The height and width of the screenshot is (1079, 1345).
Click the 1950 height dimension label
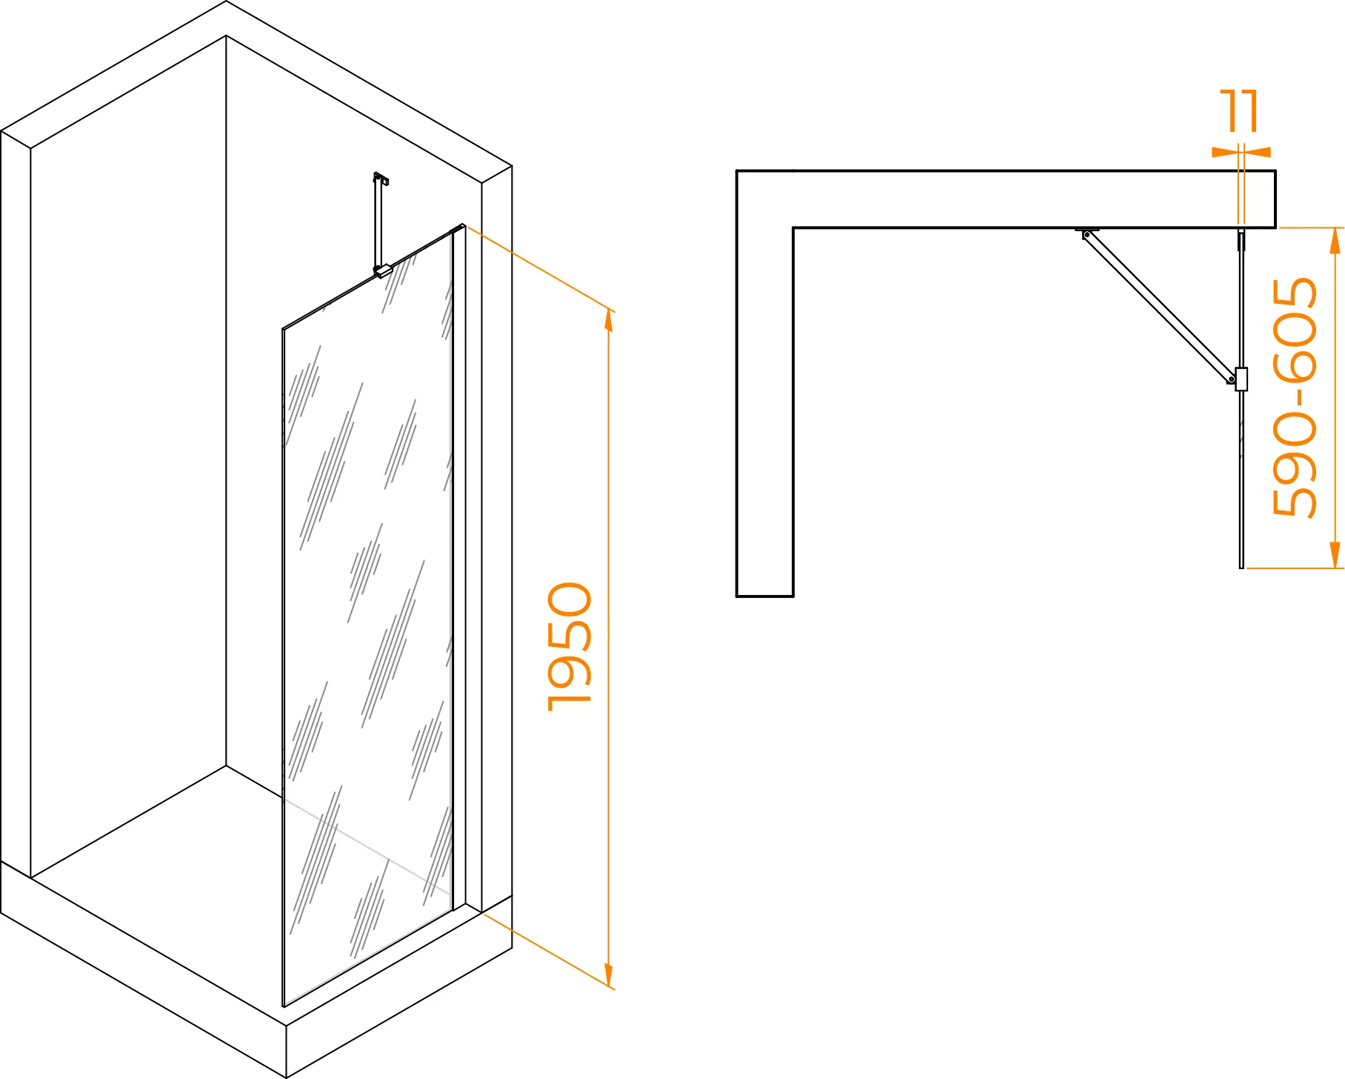click(570, 647)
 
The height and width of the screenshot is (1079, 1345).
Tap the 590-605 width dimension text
click(1295, 397)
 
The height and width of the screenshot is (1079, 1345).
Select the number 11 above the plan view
click(1239, 111)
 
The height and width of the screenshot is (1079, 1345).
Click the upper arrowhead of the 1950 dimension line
click(609, 321)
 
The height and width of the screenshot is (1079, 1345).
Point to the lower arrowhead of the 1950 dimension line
click(609, 976)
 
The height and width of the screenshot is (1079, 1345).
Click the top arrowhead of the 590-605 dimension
click(1335, 241)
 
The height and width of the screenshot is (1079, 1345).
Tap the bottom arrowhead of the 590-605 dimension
click(1335, 555)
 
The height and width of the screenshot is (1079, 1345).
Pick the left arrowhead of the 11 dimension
click(1224, 152)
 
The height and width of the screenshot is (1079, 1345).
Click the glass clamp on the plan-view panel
click(1241, 379)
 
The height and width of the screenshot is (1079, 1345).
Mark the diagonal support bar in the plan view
click(1159, 307)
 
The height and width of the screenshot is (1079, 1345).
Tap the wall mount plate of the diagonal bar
click(1087, 230)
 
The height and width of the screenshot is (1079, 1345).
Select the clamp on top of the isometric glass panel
click(382, 271)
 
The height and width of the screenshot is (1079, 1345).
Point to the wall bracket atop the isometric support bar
click(381, 178)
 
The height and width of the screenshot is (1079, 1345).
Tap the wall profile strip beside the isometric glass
click(459, 567)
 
